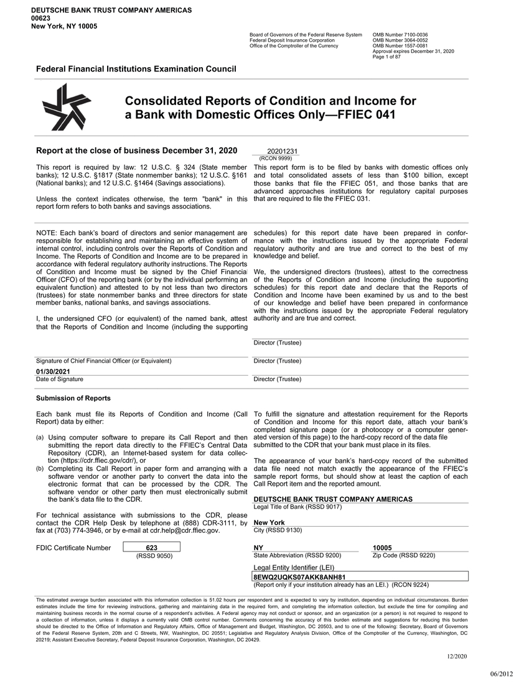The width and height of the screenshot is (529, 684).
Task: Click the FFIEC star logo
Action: point(62,107)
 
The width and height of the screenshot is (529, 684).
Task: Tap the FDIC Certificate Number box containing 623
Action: point(152,547)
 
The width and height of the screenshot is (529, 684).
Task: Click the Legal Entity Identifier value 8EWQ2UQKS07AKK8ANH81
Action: point(292,577)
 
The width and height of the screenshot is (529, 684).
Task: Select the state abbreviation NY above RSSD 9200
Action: point(259,548)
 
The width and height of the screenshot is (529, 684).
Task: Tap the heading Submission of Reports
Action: point(73,398)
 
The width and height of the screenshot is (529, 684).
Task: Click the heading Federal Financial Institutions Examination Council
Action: point(136,68)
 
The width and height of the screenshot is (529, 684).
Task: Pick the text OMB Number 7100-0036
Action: point(400,34)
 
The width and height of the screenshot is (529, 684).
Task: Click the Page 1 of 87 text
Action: point(386,57)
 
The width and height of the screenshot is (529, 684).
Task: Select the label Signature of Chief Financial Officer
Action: point(104,361)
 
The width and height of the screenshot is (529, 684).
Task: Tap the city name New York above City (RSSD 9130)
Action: point(269,523)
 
